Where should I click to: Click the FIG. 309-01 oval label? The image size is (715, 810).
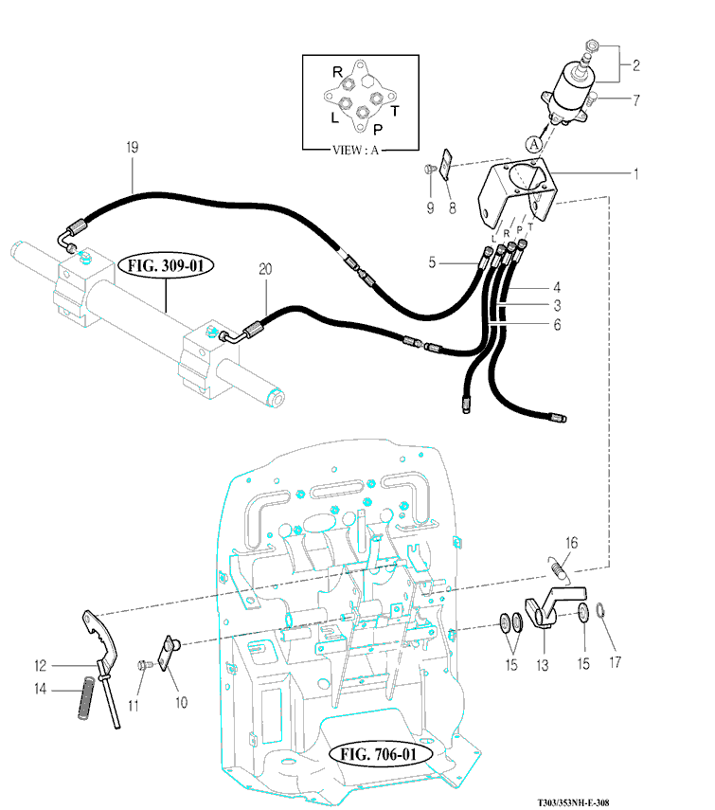tap(166, 264)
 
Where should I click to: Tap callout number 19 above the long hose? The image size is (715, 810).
tap(133, 147)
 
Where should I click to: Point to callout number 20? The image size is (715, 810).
tap(265, 270)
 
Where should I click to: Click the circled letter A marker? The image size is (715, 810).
tap(534, 144)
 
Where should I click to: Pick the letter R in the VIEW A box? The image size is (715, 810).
tap(337, 72)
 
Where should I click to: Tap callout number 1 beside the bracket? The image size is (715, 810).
tap(635, 173)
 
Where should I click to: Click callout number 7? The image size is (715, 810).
tap(635, 98)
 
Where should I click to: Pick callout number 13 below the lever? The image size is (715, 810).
tap(543, 666)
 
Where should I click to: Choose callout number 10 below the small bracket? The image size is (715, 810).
tap(180, 702)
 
